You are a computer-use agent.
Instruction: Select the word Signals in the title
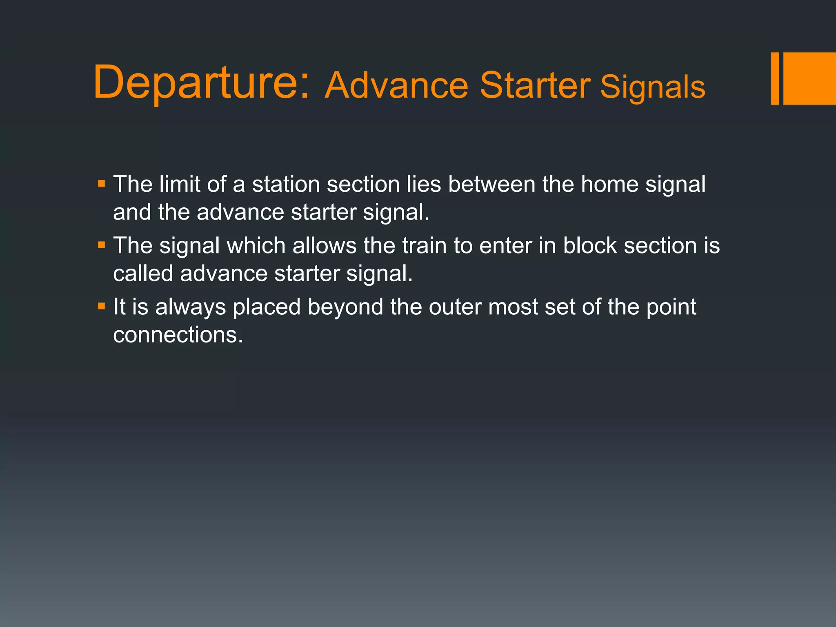(x=652, y=87)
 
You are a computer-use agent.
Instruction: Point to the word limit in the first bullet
(x=180, y=184)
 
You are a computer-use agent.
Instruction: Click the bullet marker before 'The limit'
(x=102, y=184)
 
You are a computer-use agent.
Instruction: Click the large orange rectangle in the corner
(x=809, y=78)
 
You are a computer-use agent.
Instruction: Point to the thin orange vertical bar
(x=775, y=78)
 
